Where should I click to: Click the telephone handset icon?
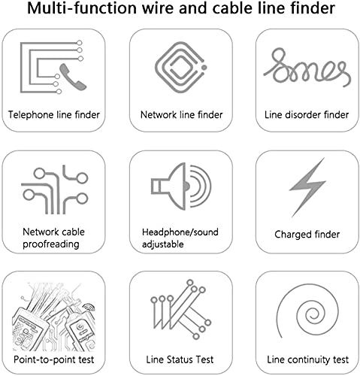pos(64,73)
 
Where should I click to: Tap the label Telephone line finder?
pos(54,116)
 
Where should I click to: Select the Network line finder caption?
pos(180,116)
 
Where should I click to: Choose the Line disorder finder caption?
pos(307,116)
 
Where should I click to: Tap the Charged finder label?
pos(307,235)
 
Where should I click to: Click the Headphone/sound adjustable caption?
pos(180,238)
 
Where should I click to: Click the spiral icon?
pos(307,311)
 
